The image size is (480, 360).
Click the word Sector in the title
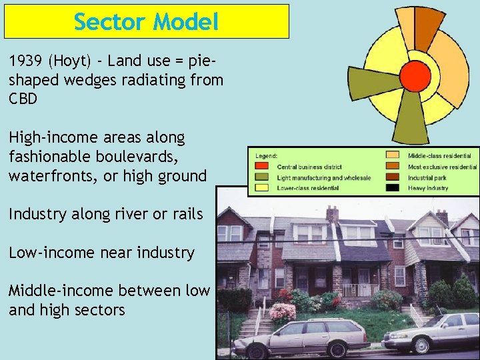110,22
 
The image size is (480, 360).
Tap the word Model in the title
185,22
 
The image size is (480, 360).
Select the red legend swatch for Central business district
262,167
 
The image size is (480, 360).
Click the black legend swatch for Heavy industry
392,188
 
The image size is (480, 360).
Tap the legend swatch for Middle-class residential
392,156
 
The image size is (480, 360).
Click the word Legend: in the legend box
266,155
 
